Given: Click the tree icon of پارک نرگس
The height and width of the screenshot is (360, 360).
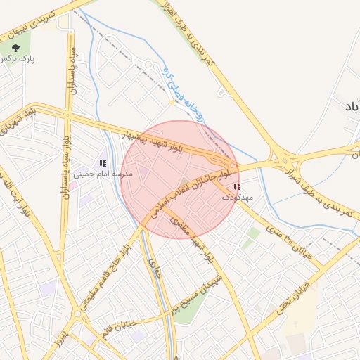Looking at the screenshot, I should click(x=16, y=48).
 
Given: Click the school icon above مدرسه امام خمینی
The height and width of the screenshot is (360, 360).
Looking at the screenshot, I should click(x=103, y=163).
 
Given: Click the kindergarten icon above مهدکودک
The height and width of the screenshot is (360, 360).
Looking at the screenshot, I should click(x=236, y=186).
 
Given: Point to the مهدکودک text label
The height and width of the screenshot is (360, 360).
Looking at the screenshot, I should click(x=236, y=198).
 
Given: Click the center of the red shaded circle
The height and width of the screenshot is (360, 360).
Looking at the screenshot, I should click(x=180, y=179).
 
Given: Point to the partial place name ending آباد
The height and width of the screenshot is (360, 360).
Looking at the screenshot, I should click(x=349, y=105).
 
